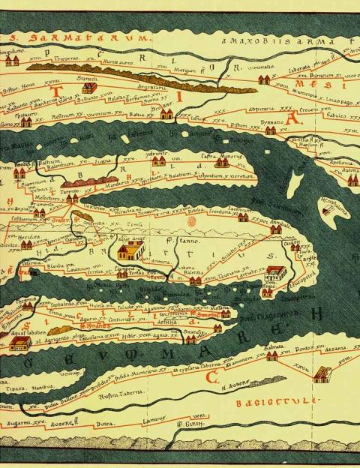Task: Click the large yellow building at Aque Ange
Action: [130, 250]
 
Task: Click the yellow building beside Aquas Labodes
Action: [20, 343]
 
